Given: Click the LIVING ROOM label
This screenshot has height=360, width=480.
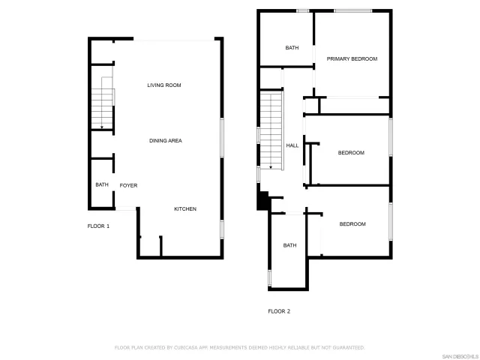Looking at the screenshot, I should pos(163,85).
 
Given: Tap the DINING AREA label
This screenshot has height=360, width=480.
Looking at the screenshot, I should pos(165,140).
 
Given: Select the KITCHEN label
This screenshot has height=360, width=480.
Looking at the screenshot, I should pos(185,208).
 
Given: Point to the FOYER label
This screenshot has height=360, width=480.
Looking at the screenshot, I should pos(128,185).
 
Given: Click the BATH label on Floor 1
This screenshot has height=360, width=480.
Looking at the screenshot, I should pos(101,185).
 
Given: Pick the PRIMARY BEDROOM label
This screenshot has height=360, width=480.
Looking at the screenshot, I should pos(352,58).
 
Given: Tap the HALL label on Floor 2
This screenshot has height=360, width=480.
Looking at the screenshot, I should pos(292,145).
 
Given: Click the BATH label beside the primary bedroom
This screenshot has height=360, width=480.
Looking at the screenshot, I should pos(292,48).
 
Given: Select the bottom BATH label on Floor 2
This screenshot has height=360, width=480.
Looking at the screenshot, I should pos(289,245).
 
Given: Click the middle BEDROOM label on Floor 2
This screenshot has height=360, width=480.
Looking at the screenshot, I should pos(351,153).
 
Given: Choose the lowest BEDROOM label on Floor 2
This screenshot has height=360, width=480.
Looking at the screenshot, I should pos(352,224).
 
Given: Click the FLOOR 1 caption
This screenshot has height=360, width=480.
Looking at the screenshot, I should pos(98,226).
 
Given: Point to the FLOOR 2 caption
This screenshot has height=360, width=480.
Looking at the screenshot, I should pos(279,311).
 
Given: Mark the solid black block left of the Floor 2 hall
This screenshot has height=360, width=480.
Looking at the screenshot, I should pos(262,200).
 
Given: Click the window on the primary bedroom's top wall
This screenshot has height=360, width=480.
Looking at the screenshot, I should pos(352,10).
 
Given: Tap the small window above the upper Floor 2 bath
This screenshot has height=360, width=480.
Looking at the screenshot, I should pos(303,10).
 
